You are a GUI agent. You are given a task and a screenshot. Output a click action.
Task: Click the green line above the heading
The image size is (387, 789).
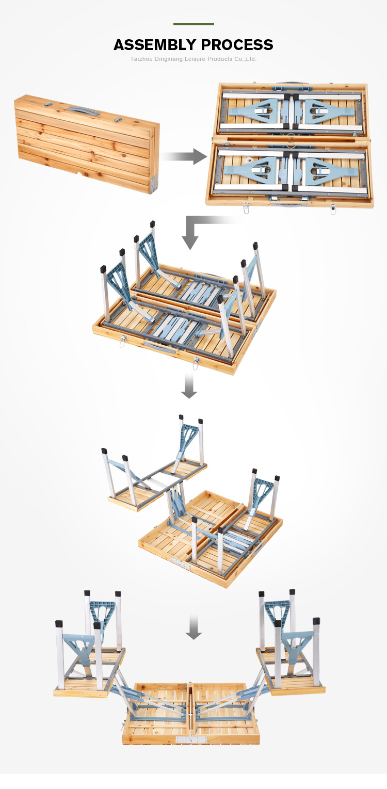pos(193,24)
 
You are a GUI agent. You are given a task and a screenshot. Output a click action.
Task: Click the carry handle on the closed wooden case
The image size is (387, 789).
pos(82,110)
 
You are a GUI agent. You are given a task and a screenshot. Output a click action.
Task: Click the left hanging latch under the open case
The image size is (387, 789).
pos(246,210)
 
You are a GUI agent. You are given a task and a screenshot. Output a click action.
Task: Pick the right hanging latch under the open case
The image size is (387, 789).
pos(333,210)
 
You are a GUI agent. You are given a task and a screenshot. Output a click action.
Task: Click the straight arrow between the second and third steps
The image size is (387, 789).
pos(189,387)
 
